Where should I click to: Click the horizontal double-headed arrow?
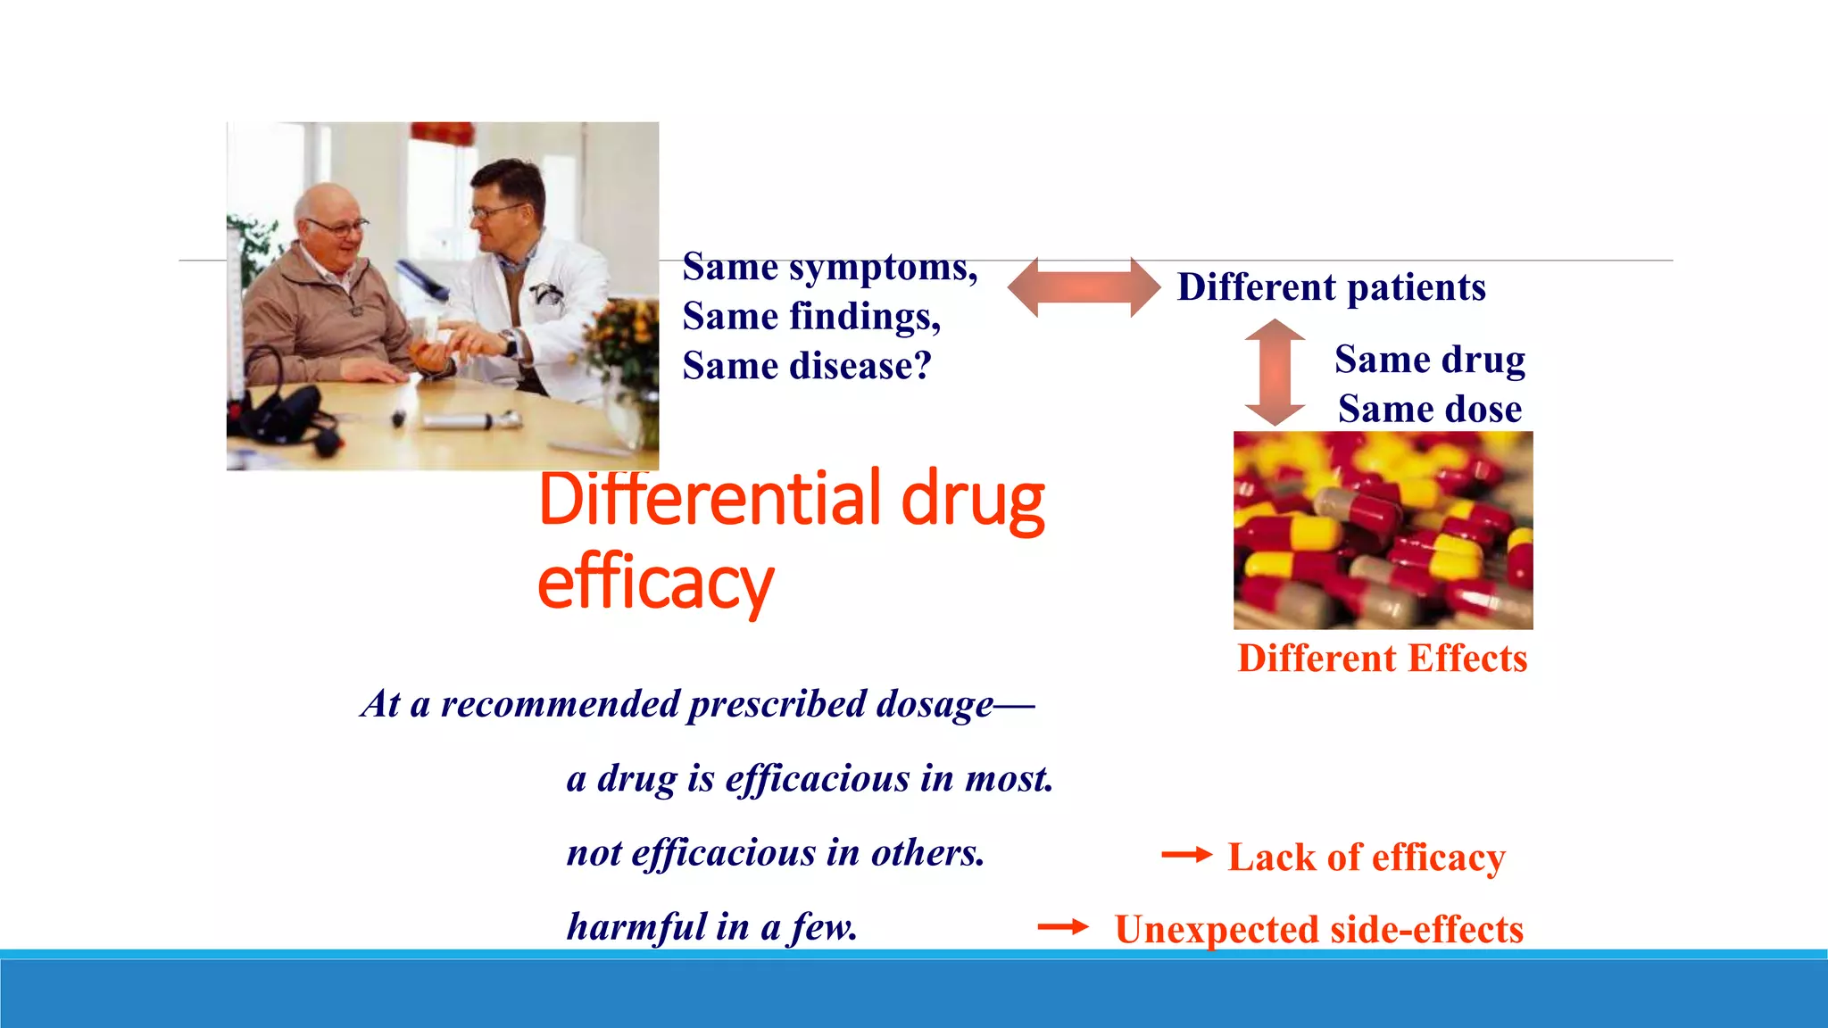pyautogui.click(x=1084, y=287)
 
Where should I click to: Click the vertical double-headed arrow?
pyautogui.click(x=1275, y=372)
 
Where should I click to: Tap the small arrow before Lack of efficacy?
pyautogui.click(x=1186, y=855)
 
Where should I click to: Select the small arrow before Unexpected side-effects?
pyautogui.click(x=1062, y=927)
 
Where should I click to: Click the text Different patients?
pyautogui.click(x=1331, y=287)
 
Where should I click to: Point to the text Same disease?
pyautogui.click(x=807, y=366)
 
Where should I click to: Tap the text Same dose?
pyautogui.click(x=1430, y=409)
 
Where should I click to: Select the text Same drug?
pyautogui.click(x=1430, y=360)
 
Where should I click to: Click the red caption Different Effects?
pyautogui.click(x=1382, y=659)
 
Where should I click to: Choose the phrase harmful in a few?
pyautogui.click(x=712, y=926)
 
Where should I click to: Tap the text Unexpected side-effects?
pyautogui.click(x=1318, y=930)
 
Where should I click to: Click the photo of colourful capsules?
pyautogui.click(x=1383, y=530)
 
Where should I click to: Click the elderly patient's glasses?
pyautogui.click(x=336, y=227)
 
